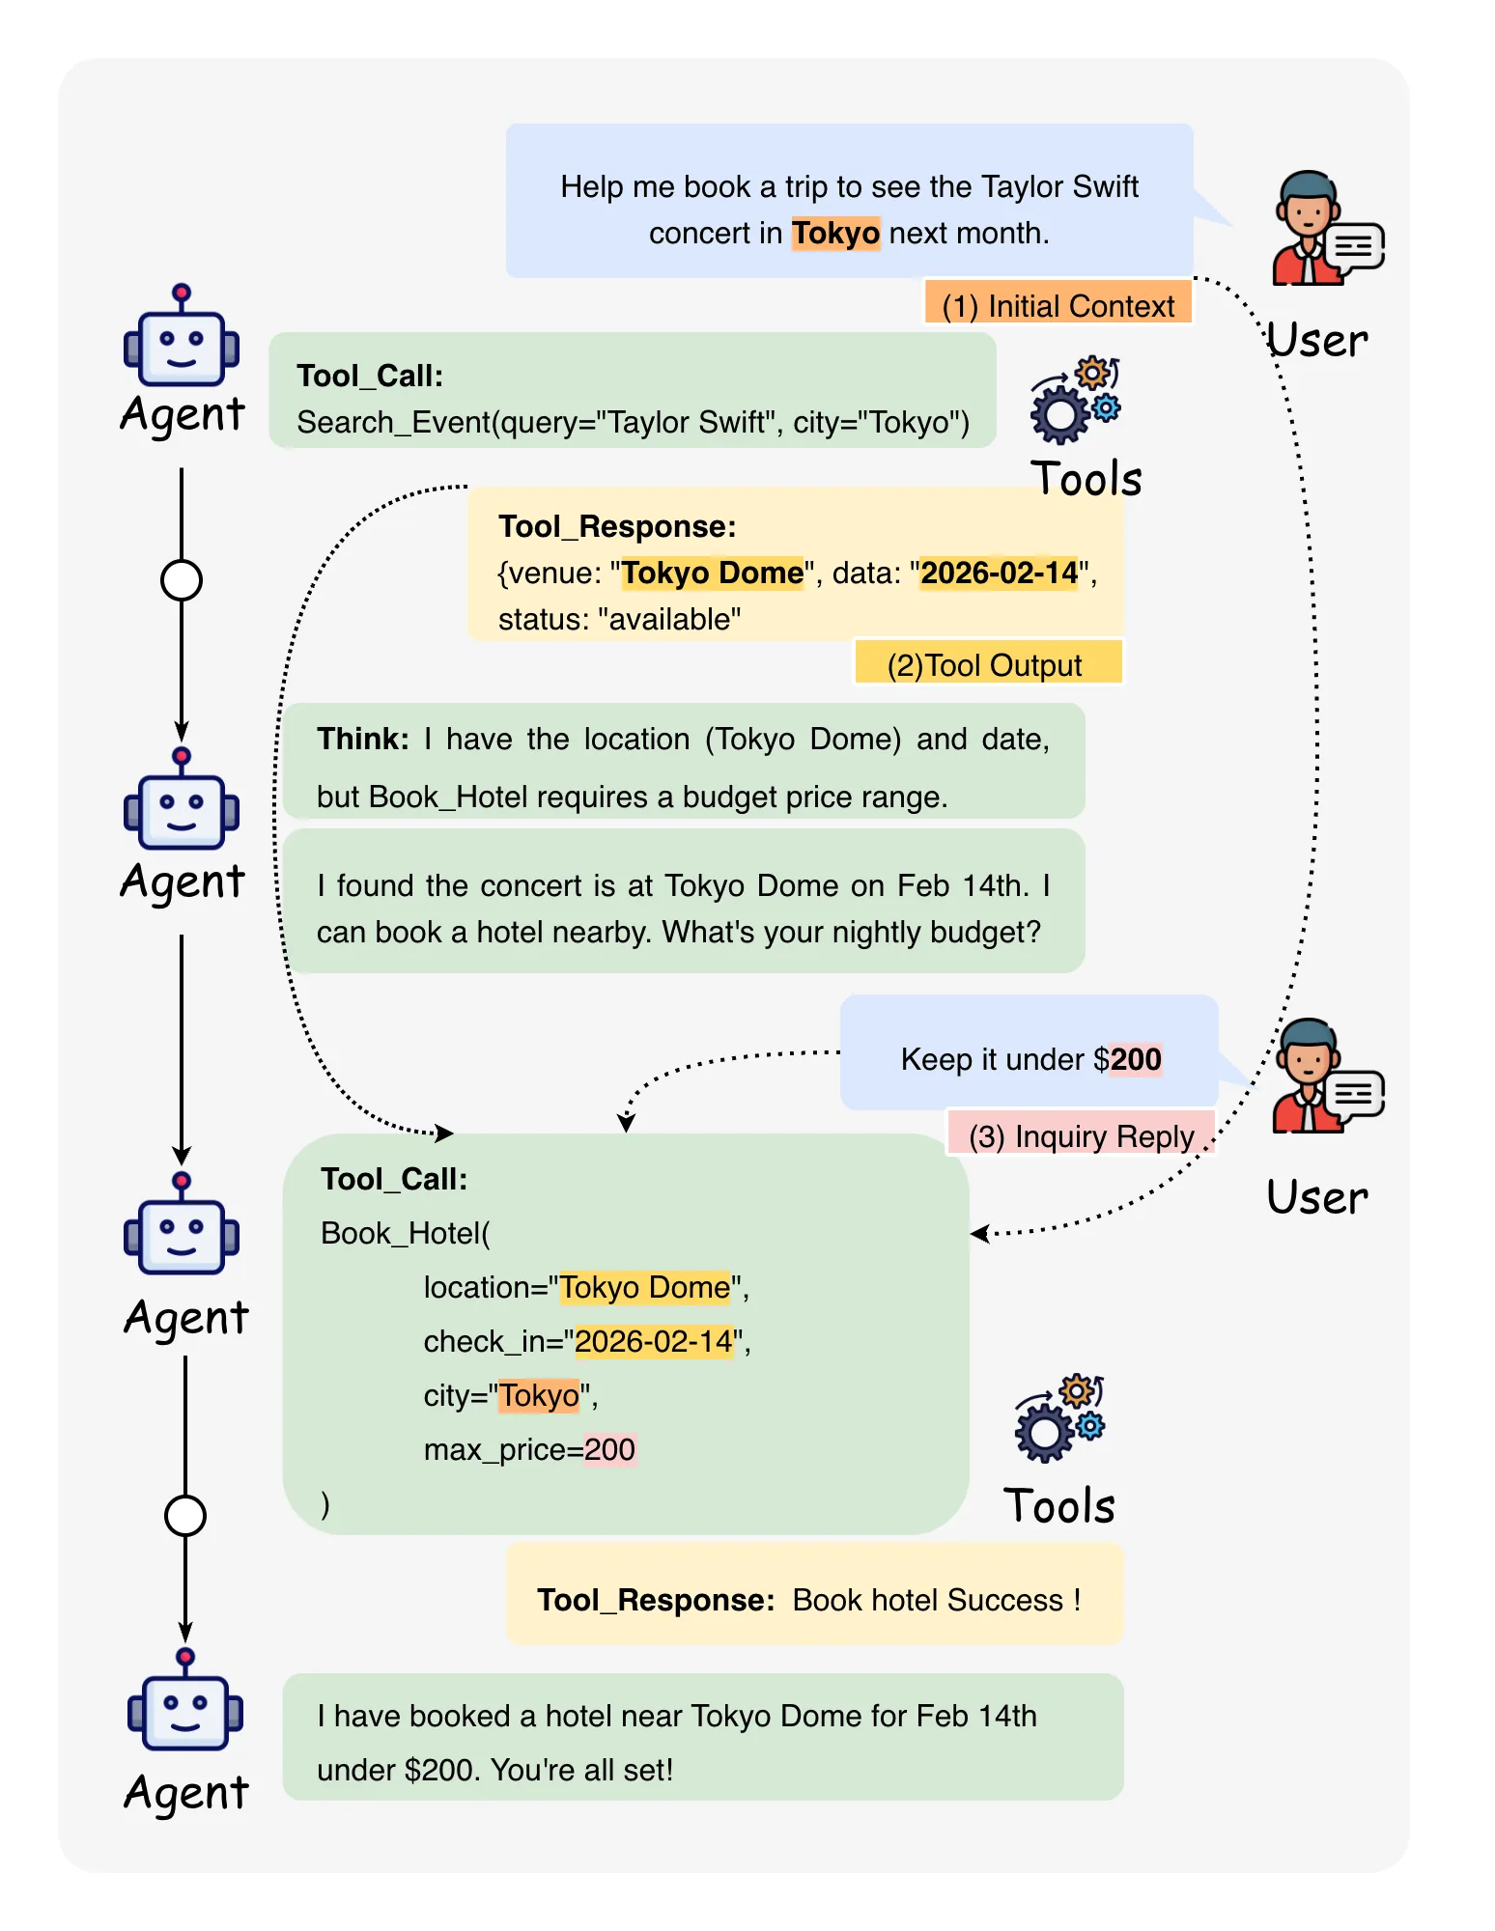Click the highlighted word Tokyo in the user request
pyautogui.click(x=835, y=234)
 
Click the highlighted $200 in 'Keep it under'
pyautogui.click(x=1135, y=1059)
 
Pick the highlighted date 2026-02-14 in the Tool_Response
pyautogui.click(x=999, y=573)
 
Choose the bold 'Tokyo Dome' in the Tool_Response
pyautogui.click(x=712, y=573)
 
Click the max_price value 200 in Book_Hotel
pyautogui.click(x=609, y=1449)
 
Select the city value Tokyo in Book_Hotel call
pyautogui.click(x=539, y=1395)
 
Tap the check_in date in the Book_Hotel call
pyautogui.click(x=654, y=1341)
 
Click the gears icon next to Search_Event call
pyautogui.click(x=1075, y=400)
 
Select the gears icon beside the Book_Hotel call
pyautogui.click(x=1059, y=1417)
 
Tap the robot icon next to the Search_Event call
pyautogui.click(x=182, y=336)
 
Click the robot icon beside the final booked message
pyautogui.click(x=185, y=1699)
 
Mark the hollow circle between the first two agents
pyautogui.click(x=182, y=580)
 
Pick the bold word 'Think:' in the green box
pyautogui.click(x=363, y=739)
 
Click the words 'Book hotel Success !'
pyautogui.click(x=937, y=1600)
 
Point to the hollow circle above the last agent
pyautogui.click(x=185, y=1516)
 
